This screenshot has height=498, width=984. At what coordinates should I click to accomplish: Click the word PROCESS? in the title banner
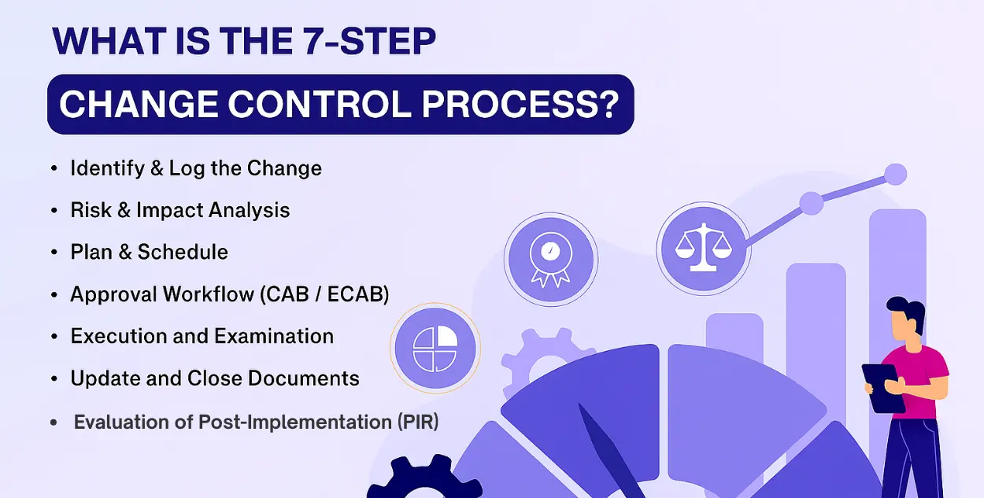tap(520, 104)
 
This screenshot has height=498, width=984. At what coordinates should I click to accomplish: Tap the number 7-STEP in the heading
tap(369, 41)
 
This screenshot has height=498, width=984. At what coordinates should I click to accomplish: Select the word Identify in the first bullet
tap(107, 168)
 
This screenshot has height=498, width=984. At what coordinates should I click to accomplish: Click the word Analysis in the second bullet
tap(249, 210)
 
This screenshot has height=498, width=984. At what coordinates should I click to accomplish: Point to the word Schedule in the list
tap(183, 252)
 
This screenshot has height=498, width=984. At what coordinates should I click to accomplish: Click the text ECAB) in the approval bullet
tap(358, 294)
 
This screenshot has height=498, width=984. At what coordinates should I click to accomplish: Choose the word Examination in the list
tap(274, 336)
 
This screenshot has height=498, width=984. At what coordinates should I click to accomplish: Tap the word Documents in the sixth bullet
tap(304, 378)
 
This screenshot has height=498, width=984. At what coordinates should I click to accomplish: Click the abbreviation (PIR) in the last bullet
tap(418, 422)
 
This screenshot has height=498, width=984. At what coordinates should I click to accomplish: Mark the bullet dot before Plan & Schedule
tap(54, 252)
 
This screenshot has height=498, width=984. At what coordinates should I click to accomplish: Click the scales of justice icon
tap(704, 249)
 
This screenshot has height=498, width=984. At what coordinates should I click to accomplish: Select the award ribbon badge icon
tap(550, 259)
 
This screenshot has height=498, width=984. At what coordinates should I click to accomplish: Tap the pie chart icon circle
tap(435, 349)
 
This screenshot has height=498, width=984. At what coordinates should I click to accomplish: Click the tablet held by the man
tap(883, 388)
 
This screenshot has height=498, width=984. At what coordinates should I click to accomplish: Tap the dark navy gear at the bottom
tap(424, 478)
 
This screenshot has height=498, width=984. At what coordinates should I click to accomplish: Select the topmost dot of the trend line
tap(895, 175)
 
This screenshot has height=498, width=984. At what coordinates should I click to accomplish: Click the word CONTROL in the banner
tap(320, 104)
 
